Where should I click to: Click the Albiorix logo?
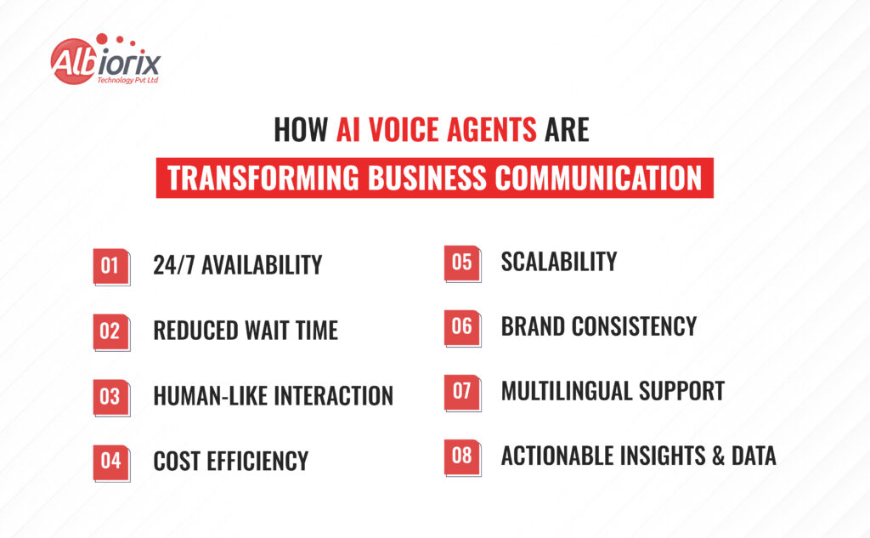(x=105, y=60)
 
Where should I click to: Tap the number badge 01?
(x=110, y=266)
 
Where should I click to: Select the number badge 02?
(x=110, y=331)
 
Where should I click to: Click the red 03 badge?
(x=110, y=397)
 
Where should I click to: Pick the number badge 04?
(x=110, y=462)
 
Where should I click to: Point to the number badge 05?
(x=461, y=262)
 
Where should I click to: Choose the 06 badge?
(x=461, y=327)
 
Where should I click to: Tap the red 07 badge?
(x=461, y=392)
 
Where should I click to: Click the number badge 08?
(x=461, y=456)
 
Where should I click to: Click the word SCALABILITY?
(x=558, y=262)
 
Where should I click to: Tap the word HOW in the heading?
(x=301, y=131)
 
